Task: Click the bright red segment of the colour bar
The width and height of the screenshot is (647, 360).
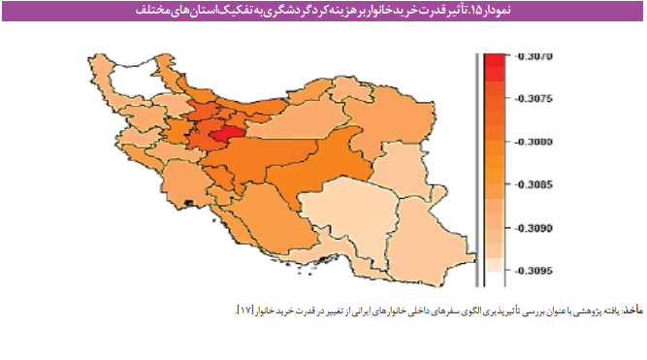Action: coord(494,61)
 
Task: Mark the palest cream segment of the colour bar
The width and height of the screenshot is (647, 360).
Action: coord(494,264)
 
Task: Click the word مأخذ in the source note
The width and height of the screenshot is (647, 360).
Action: coord(632,308)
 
